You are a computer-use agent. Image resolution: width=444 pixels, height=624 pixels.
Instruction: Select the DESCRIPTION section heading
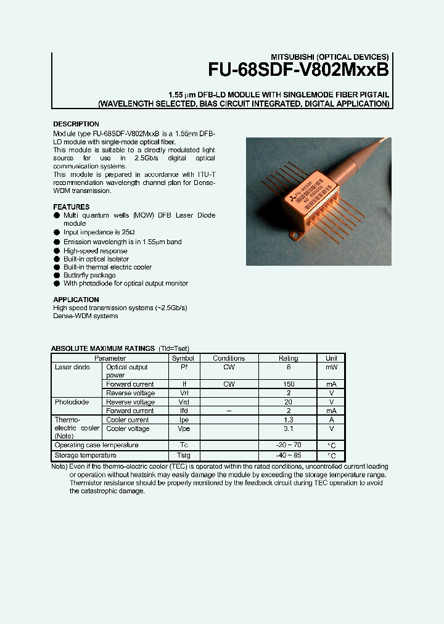point(76,124)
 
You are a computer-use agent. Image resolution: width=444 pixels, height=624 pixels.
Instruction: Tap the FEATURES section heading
point(71,207)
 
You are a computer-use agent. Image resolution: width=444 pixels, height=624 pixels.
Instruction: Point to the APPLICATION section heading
point(76,300)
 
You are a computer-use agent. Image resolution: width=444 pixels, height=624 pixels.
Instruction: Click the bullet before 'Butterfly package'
point(57,276)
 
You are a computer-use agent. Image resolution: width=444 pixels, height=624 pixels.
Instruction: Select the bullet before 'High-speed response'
point(57,251)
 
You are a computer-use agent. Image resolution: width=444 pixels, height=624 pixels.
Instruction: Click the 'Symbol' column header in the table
point(183,358)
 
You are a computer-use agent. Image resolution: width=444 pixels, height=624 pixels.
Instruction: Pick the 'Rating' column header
point(288,358)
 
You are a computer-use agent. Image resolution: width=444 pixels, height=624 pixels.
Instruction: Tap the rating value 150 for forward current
point(288,384)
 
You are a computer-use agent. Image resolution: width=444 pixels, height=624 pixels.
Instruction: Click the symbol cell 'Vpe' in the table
point(183,429)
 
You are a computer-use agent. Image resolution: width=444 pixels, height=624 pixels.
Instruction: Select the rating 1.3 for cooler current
point(288,420)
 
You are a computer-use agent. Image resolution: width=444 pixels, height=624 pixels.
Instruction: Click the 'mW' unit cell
point(331,367)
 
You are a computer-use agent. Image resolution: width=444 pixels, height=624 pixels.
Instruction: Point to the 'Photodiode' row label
point(72,402)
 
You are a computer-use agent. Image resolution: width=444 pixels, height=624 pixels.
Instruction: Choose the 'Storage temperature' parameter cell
point(85,455)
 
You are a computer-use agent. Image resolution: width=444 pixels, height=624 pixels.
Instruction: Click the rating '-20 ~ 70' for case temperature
point(288,445)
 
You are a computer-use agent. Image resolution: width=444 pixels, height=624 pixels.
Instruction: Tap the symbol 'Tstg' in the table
point(183,455)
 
